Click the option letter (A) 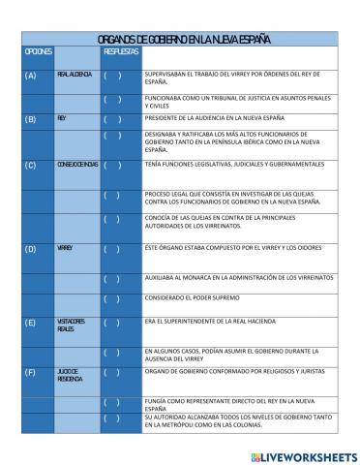[x=30, y=75]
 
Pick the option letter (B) [x=30, y=119]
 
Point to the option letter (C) [x=30, y=165]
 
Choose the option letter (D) [x=30, y=249]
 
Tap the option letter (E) [x=30, y=323]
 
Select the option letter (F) [x=30, y=372]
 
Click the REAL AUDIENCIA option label [x=75, y=75]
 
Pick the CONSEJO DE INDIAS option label [x=76, y=165]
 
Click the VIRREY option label [x=65, y=249]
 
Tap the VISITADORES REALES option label [x=72, y=325]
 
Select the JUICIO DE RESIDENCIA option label [x=70, y=376]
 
